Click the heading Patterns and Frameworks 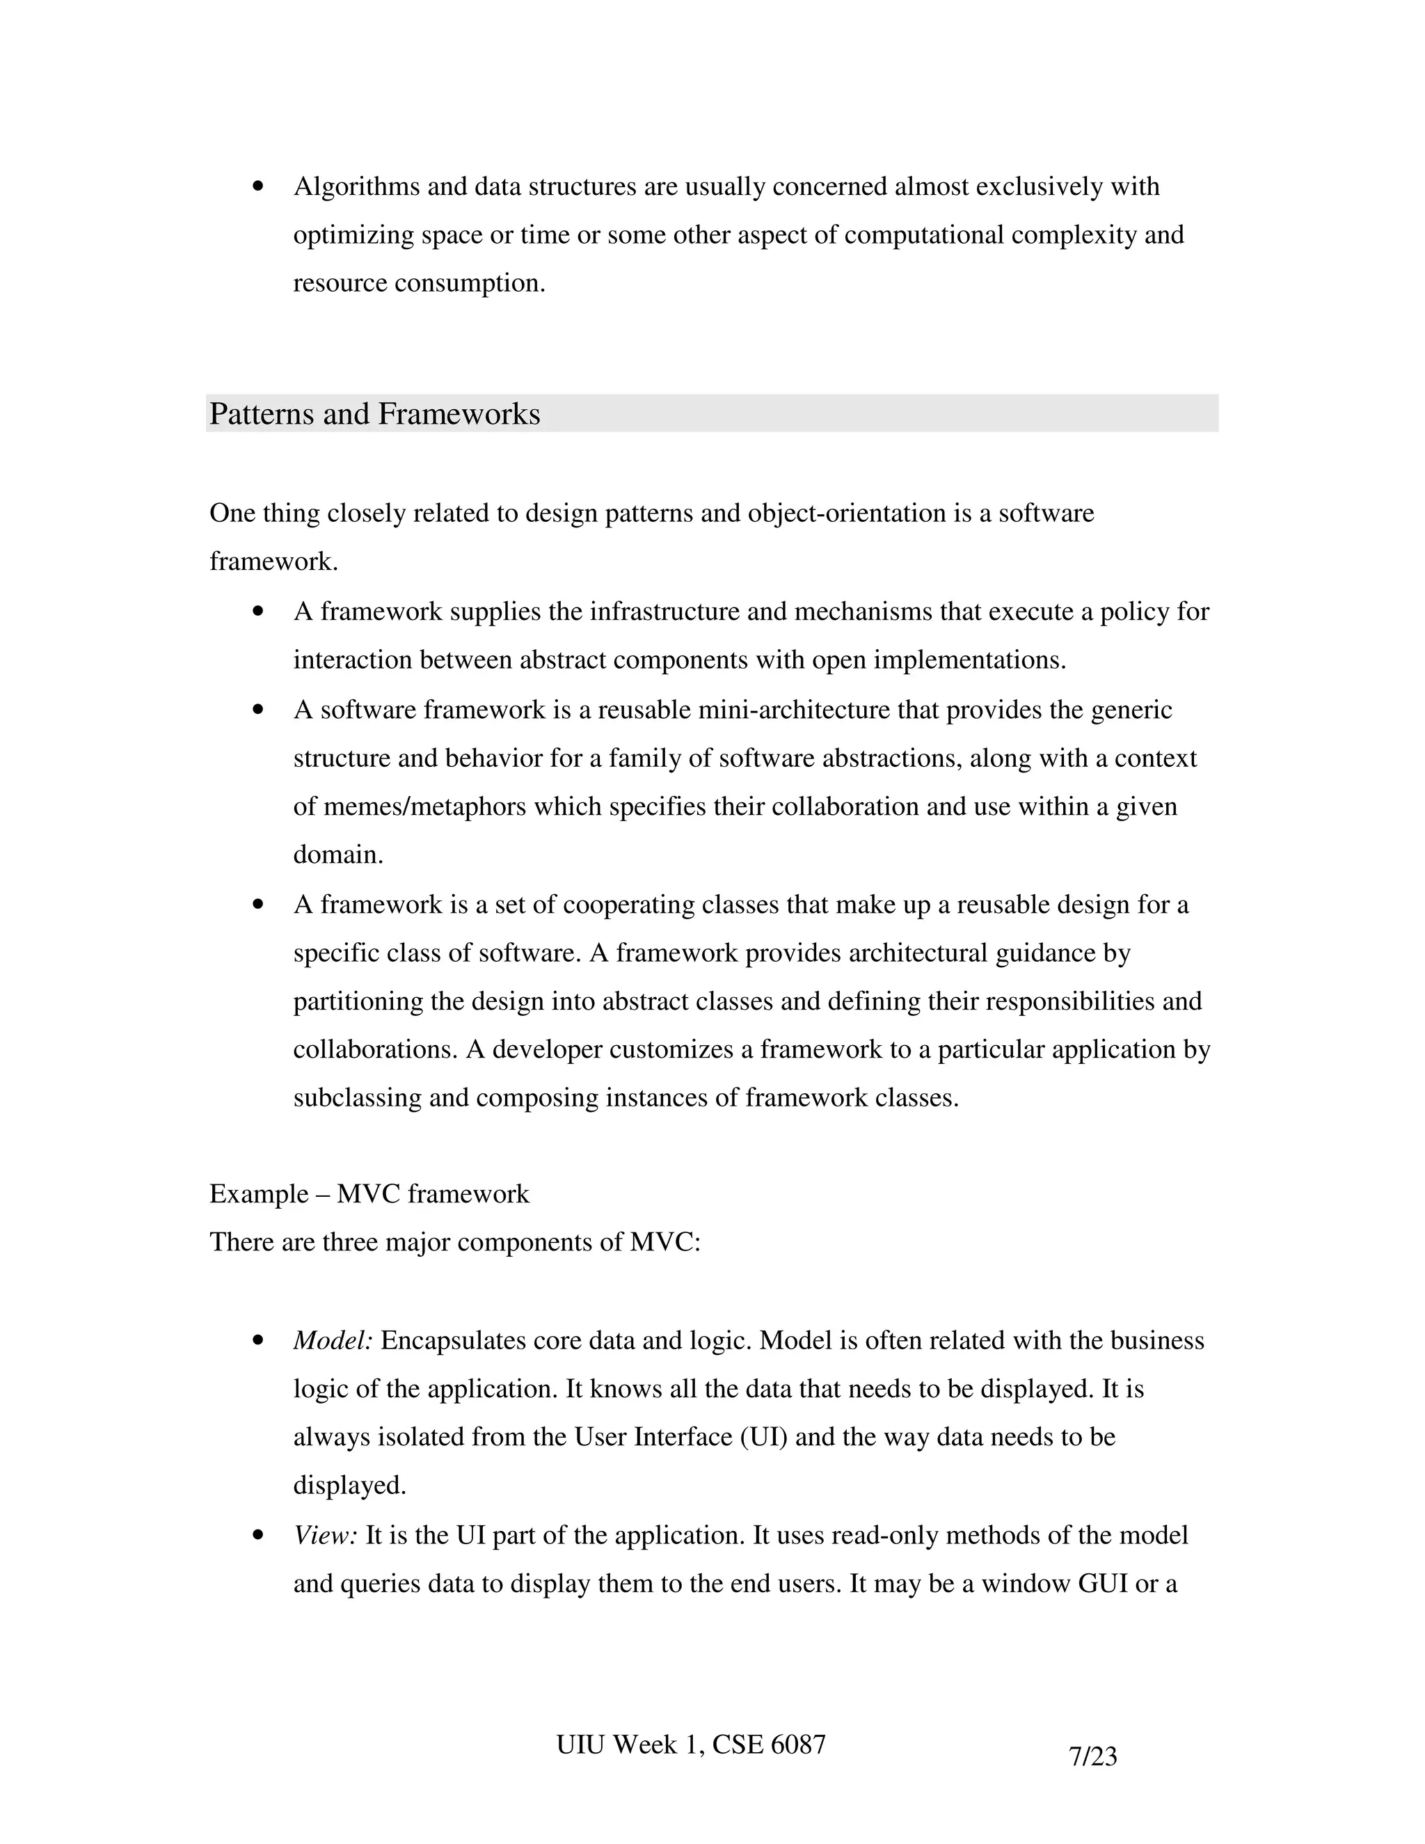pyautogui.click(x=374, y=414)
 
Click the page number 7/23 pyautogui.click(x=1092, y=1756)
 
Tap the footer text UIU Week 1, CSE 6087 pyautogui.click(x=690, y=1744)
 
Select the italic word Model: pyautogui.click(x=333, y=1341)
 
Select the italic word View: pyautogui.click(x=326, y=1535)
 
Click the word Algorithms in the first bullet pyautogui.click(x=356, y=186)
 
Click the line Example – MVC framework pyautogui.click(x=369, y=1194)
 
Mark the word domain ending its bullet pyautogui.click(x=337, y=855)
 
